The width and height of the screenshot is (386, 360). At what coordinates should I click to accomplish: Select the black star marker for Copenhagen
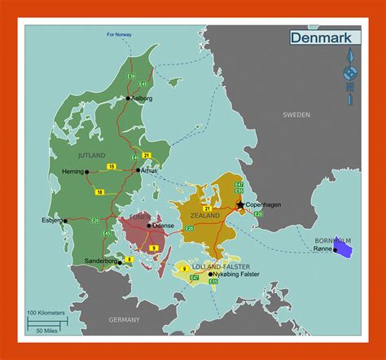click(240, 204)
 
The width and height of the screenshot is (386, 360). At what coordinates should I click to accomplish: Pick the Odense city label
click(164, 225)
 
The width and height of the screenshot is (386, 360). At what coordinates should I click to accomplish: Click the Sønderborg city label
click(101, 261)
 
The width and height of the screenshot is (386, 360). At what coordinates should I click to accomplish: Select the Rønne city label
click(322, 249)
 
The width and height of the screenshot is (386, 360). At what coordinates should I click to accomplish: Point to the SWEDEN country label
click(296, 116)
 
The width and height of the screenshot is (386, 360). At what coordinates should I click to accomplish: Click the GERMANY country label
click(125, 320)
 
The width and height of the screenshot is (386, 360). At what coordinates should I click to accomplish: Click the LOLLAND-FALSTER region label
click(209, 266)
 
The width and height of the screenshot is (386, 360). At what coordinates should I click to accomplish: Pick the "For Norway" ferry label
click(118, 35)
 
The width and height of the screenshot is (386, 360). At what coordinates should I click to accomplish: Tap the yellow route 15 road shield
click(111, 166)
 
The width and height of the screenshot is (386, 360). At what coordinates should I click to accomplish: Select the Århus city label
click(149, 171)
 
